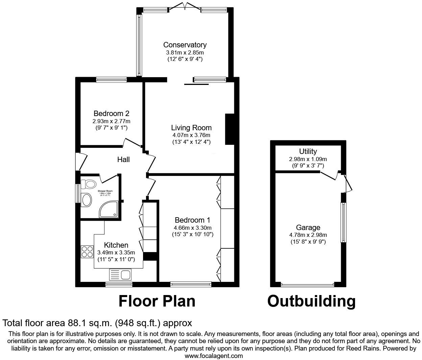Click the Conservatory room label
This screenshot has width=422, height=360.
click(185, 45)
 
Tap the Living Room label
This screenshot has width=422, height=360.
click(191, 128)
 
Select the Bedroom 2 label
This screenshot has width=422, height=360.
click(111, 113)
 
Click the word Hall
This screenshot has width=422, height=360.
click(123, 159)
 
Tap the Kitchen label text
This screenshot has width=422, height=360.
click(116, 245)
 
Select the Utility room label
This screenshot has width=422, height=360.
click(308, 151)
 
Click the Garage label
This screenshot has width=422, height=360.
click(308, 227)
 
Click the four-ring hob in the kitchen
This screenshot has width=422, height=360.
click(87, 252)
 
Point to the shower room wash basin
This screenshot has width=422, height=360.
click(86, 200)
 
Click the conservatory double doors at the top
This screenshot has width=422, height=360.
click(185, 6)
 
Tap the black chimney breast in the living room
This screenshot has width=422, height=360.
click(230, 129)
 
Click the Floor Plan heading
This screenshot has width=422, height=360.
click(157, 301)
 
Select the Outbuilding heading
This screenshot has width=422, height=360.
click(311, 301)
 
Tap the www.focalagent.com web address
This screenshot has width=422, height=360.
click(214, 356)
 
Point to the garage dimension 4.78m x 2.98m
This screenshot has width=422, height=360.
click(308, 235)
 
